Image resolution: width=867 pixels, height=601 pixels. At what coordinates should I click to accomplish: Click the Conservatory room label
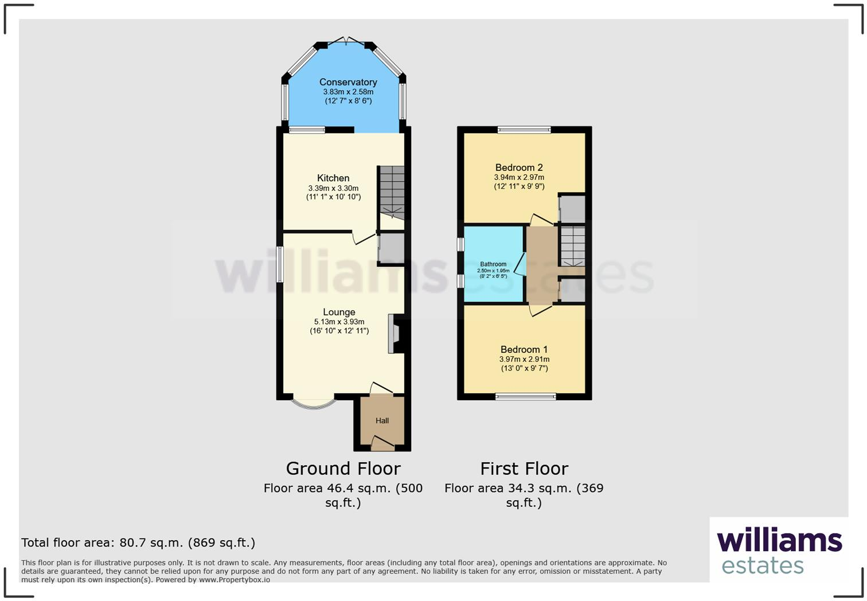click(x=347, y=82)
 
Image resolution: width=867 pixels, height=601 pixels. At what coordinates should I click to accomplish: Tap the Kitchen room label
click(x=333, y=178)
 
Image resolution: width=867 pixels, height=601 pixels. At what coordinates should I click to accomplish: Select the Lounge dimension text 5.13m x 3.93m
click(x=339, y=322)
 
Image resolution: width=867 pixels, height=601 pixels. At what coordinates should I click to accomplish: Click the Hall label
click(x=382, y=420)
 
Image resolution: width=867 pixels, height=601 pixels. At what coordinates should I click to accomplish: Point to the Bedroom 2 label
click(x=519, y=167)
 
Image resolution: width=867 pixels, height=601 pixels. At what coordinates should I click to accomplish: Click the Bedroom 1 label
click(x=524, y=349)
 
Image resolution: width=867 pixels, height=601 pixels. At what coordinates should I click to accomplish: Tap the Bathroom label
click(x=493, y=264)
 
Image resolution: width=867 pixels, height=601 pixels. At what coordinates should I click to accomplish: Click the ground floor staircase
click(x=391, y=192)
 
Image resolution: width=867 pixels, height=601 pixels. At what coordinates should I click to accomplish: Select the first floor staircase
click(x=572, y=246)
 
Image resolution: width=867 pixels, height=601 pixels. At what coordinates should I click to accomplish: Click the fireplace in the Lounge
click(x=395, y=333)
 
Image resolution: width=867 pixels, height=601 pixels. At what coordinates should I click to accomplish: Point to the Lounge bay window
click(x=314, y=403)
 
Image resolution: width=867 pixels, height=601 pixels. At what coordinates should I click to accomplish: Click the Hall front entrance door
click(x=382, y=442)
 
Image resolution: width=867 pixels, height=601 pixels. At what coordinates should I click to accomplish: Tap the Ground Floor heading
click(x=343, y=469)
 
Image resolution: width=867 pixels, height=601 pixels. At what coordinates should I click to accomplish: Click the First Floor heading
click(x=524, y=469)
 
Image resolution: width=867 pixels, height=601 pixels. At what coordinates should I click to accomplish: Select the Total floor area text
click(x=138, y=543)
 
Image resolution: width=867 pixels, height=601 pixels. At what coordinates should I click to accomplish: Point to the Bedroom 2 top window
click(x=524, y=130)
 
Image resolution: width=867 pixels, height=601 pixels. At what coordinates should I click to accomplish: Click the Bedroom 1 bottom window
click(x=525, y=396)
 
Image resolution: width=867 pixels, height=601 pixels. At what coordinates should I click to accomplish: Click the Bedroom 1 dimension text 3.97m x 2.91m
click(x=524, y=360)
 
